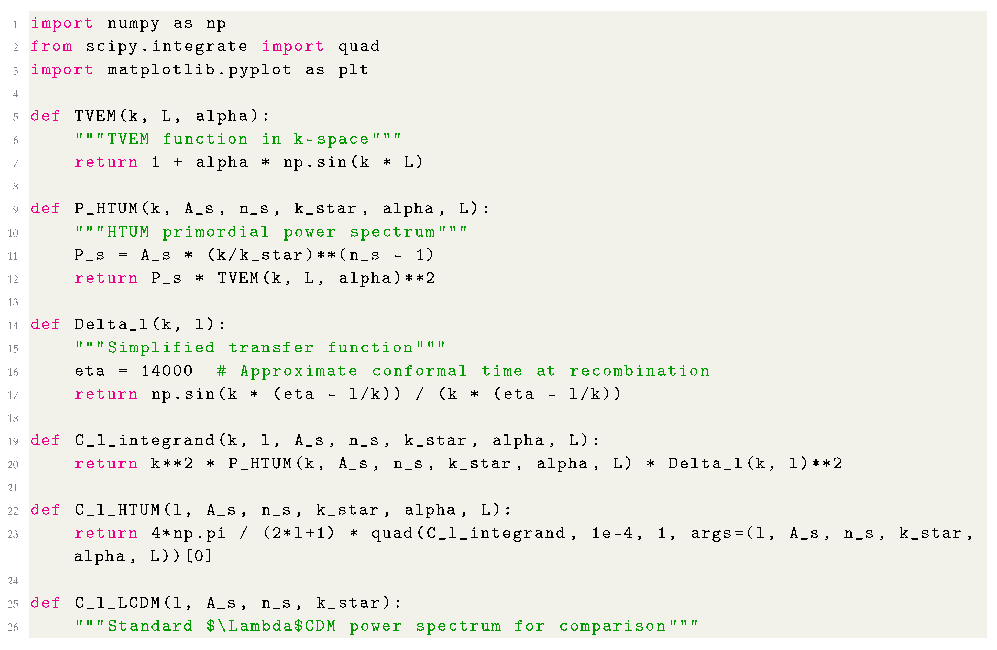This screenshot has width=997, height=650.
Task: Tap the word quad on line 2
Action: pyautogui.click(x=359, y=47)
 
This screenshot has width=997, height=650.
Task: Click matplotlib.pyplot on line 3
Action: pyautogui.click(x=199, y=70)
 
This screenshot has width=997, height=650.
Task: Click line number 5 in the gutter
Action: pyautogui.click(x=16, y=117)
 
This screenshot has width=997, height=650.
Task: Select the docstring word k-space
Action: pyautogui.click(x=331, y=139)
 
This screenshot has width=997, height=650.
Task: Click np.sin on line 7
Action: pyautogui.click(x=315, y=162)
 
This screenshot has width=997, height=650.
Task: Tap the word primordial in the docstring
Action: pyautogui.click(x=216, y=232)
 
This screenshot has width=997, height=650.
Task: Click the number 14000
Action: pyautogui.click(x=167, y=371)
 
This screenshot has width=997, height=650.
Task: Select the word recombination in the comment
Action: pyautogui.click(x=639, y=371)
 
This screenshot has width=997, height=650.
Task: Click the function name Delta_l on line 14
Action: pyautogui.click(x=111, y=324)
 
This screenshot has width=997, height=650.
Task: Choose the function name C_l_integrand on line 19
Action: pyautogui.click(x=144, y=440)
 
